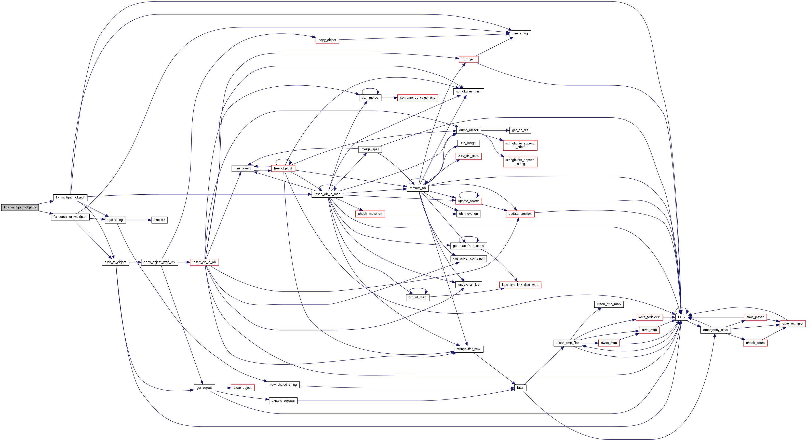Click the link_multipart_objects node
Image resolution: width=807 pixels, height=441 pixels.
click(x=20, y=207)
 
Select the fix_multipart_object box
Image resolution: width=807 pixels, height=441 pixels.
click(x=70, y=198)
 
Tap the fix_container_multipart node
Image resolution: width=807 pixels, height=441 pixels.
click(x=70, y=217)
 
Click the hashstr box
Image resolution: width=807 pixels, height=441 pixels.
click(x=159, y=220)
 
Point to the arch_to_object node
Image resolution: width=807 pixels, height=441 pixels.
click(x=115, y=262)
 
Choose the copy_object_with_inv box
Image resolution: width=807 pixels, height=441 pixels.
click(x=159, y=262)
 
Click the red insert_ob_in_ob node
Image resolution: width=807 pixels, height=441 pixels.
click(x=204, y=262)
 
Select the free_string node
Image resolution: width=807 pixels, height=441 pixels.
click(x=520, y=34)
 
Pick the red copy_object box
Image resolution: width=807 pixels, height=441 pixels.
click(x=327, y=40)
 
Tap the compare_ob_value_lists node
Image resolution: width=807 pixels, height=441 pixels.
click(x=418, y=98)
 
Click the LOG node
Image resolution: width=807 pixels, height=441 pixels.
click(x=681, y=317)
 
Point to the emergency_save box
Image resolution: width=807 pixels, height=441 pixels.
click(x=715, y=330)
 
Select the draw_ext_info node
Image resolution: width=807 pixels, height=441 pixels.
click(x=792, y=324)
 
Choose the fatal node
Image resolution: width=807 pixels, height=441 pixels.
click(x=520, y=388)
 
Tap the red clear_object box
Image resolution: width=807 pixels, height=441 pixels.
click(x=243, y=388)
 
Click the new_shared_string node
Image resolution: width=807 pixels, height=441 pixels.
click(x=283, y=385)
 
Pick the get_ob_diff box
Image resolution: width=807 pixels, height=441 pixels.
click(x=520, y=130)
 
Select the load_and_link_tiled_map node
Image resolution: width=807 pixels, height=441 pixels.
click(x=520, y=285)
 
